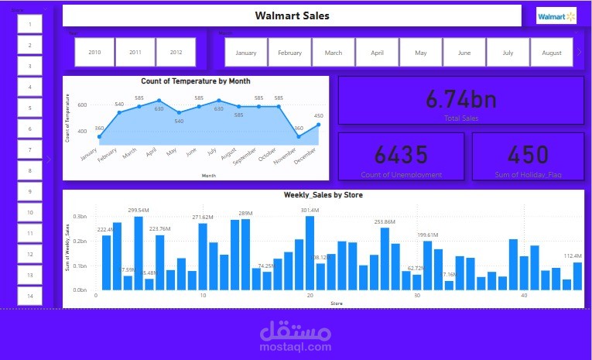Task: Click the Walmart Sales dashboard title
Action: tap(292, 15)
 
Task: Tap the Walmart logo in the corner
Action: tap(557, 15)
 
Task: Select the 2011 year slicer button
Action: tap(135, 52)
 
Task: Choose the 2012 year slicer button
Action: tap(176, 52)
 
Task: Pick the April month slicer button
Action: tap(378, 53)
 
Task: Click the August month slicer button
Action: tap(552, 53)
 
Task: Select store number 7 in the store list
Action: tap(30, 149)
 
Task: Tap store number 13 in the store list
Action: tap(30, 275)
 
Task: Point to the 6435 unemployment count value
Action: tap(401, 155)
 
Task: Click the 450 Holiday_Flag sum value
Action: tap(529, 155)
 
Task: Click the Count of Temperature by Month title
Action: tap(196, 81)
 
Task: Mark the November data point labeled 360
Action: tap(299, 137)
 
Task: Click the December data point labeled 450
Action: tap(319, 124)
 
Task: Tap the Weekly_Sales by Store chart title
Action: tap(323, 195)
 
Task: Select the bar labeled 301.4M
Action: tap(310, 252)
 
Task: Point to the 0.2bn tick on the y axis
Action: tap(80, 242)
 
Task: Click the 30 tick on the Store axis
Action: tap(417, 296)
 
